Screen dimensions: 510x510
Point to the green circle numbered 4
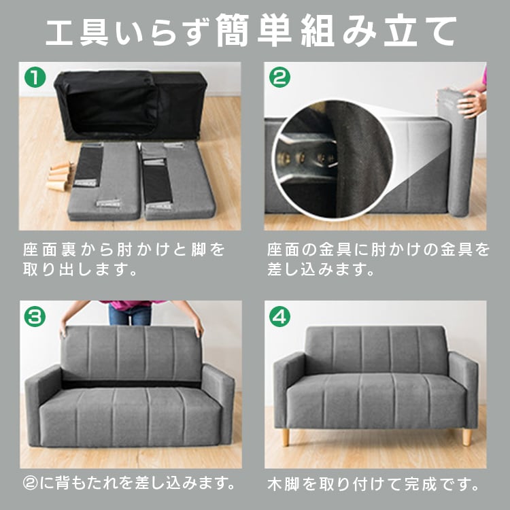pos(279,316)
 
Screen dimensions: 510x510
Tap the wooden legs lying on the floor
pos(61,178)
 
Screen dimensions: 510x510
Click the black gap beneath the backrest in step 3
pos(129,384)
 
